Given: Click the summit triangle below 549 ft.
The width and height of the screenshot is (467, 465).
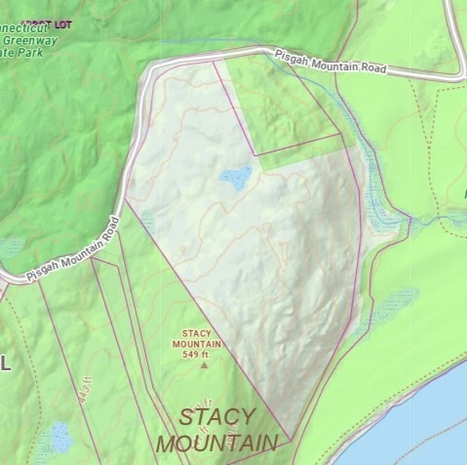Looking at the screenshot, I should point(204,366).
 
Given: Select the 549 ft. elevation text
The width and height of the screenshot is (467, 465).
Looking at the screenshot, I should point(197,355).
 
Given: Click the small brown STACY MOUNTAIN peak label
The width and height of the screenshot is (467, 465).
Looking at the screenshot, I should point(197,338).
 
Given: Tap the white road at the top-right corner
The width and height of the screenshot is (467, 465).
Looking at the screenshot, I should point(457,29).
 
